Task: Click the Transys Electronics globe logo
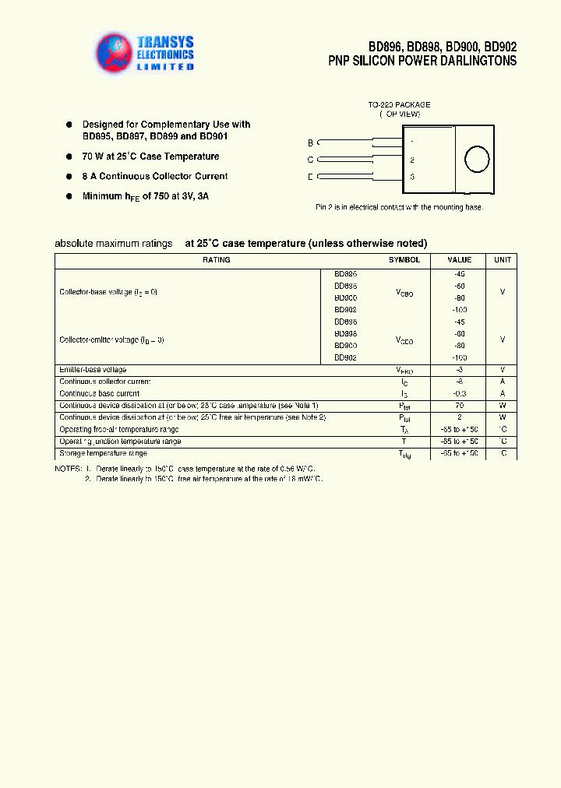coord(114,54)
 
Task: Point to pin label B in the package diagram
coord(310,142)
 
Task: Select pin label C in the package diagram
coord(310,160)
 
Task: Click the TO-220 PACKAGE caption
coord(399,104)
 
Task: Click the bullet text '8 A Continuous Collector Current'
coord(155,177)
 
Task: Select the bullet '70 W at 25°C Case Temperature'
coord(150,157)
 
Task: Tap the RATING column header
coord(216,260)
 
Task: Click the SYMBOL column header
coord(404,260)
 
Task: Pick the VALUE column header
coord(459,260)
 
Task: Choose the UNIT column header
coord(503,260)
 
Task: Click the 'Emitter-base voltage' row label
coord(93,370)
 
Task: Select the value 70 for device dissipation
coord(459,406)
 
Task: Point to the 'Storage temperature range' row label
coord(103,453)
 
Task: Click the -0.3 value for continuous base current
coord(459,394)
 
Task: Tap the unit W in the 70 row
coord(503,406)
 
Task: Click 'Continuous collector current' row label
coord(104,382)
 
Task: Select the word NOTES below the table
coord(68,469)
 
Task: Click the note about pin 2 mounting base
coord(399,207)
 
